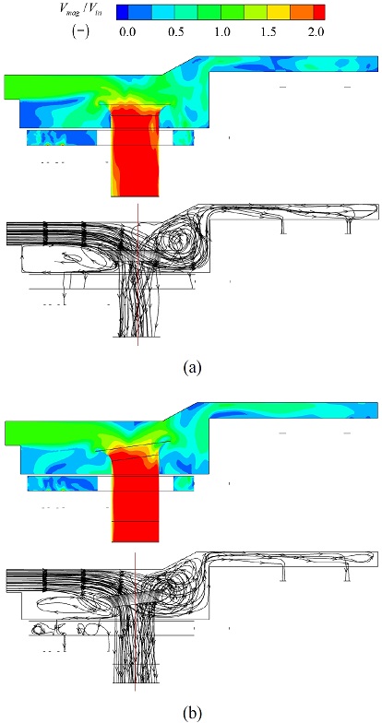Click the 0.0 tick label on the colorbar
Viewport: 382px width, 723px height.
[x=127, y=32]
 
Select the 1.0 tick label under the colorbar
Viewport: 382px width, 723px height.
[x=222, y=32]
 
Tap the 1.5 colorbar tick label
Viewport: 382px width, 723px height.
[x=269, y=32]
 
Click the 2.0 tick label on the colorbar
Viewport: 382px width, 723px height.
[x=316, y=32]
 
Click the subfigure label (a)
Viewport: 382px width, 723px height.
[x=192, y=366]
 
